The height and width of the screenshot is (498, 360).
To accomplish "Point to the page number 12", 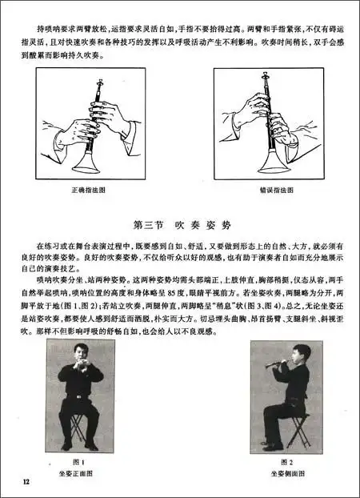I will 26,480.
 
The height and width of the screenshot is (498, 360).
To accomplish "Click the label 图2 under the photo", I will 288,462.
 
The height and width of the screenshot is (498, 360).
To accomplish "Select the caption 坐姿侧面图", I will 288,472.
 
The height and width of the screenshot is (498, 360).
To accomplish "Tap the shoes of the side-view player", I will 272,446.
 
